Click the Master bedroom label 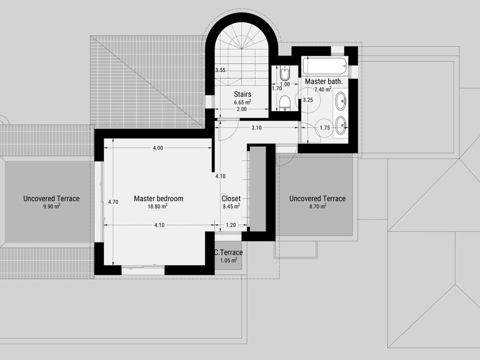159,198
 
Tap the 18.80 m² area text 157,206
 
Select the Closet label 231,198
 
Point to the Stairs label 242,94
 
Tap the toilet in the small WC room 285,103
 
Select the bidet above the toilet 285,74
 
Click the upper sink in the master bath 341,101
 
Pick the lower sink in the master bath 341,125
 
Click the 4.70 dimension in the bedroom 113,202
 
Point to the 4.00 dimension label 158,148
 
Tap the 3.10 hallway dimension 256,127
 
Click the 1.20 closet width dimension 231,225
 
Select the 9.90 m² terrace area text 51,206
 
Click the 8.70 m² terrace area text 317,206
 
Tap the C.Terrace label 228,252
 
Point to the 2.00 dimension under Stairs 241,109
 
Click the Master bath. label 324,82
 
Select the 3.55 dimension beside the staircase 220,70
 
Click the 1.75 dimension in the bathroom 325,127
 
